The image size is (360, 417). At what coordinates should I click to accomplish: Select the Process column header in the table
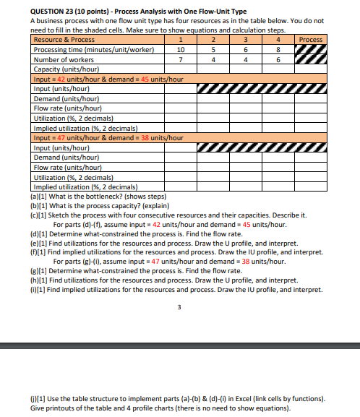click(x=311, y=39)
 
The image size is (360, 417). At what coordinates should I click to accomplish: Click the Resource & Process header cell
click(x=64, y=39)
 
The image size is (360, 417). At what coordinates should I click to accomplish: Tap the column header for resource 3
click(x=247, y=39)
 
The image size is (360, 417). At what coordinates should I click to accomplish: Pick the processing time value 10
click(x=181, y=50)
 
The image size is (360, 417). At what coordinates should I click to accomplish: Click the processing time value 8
click(x=279, y=50)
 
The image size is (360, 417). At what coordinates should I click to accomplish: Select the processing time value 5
click(x=213, y=50)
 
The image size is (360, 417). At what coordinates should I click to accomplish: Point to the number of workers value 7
click(x=181, y=60)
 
